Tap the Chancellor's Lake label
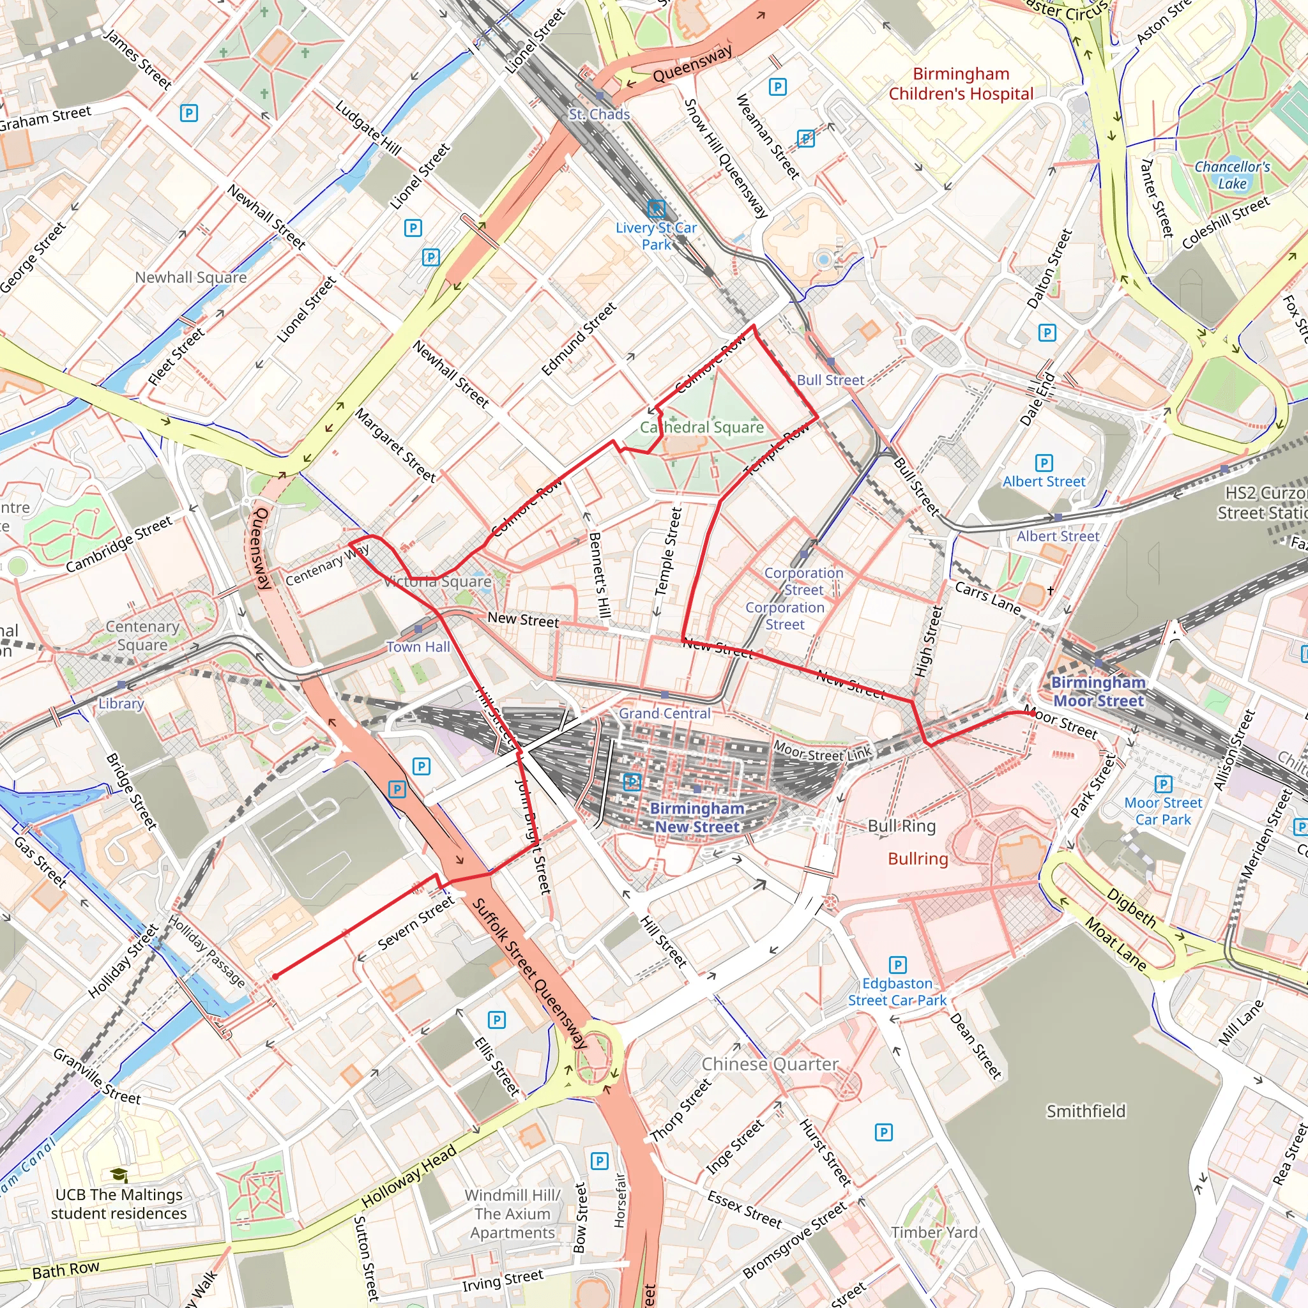pyautogui.click(x=1231, y=174)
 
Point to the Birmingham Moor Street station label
pyautogui.click(x=1098, y=691)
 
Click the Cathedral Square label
pyautogui.click(x=701, y=427)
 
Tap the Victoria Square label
pyautogui.click(x=437, y=581)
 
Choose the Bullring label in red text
pyautogui.click(x=917, y=858)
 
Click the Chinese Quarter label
pyautogui.click(x=769, y=1063)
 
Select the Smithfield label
pyautogui.click(x=1085, y=1111)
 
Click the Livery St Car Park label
pyautogui.click(x=655, y=236)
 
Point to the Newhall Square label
pyautogui.click(x=190, y=277)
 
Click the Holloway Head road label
pyautogui.click(x=408, y=1176)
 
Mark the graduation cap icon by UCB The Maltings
pyautogui.click(x=119, y=1175)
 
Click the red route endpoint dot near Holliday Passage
pyautogui.click(x=275, y=977)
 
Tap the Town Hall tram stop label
pyautogui.click(x=418, y=646)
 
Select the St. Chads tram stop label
pyautogui.click(x=598, y=114)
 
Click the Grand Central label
pyautogui.click(x=664, y=713)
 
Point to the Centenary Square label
pyautogui.click(x=142, y=635)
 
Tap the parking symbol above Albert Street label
pyautogui.click(x=1044, y=462)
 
